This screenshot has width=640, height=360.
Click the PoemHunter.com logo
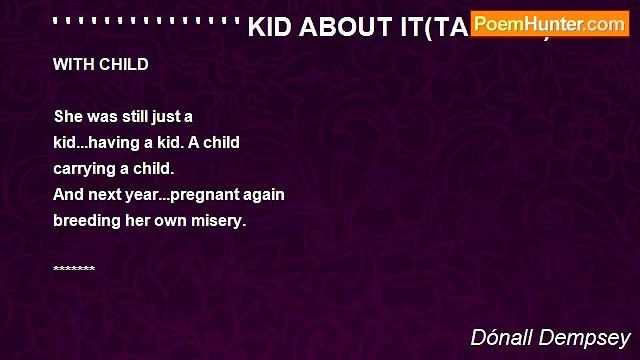click(x=550, y=23)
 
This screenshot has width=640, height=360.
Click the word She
click(x=70, y=116)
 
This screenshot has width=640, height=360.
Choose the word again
click(x=262, y=194)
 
